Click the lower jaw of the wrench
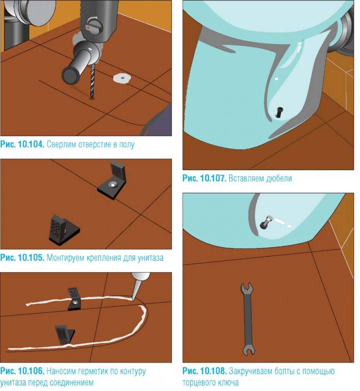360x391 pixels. click(248, 351)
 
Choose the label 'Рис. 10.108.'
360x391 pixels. click(204, 371)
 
